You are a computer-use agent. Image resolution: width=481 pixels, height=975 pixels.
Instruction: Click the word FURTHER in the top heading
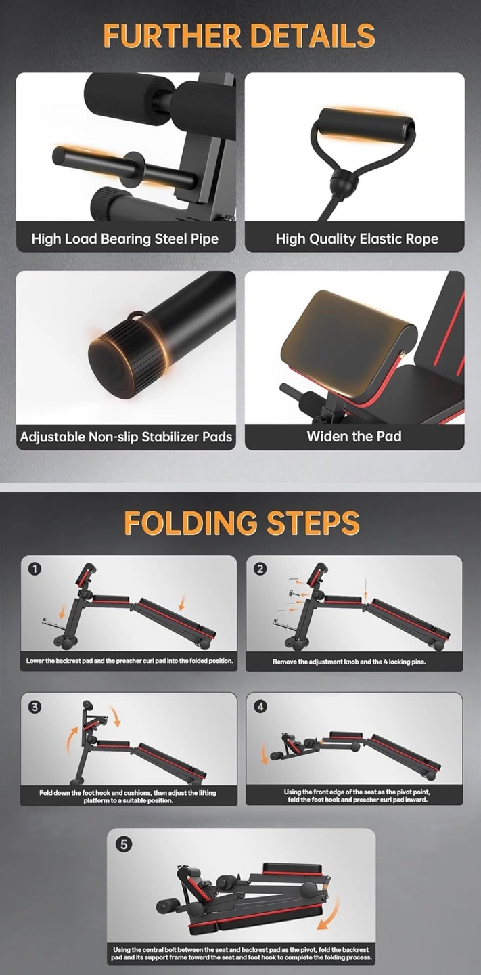tap(173, 36)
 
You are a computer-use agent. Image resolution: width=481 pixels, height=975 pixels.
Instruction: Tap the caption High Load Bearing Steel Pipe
tap(124, 239)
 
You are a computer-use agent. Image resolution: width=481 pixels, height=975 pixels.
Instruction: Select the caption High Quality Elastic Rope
tap(357, 239)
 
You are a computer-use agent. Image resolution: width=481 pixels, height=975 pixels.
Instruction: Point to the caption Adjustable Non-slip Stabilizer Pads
tap(126, 437)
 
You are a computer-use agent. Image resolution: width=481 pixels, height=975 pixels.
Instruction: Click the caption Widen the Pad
tap(354, 436)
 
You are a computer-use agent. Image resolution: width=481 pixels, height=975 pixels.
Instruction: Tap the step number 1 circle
tap(35, 569)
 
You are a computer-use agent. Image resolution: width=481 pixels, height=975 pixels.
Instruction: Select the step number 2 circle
tap(260, 569)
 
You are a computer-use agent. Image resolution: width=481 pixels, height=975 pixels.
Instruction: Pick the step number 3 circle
tap(35, 707)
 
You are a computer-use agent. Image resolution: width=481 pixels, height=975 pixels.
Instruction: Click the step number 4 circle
tap(260, 706)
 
